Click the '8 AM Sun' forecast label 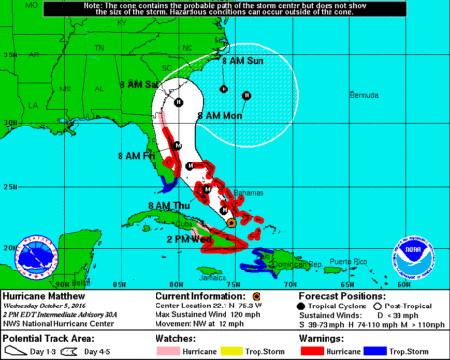tap(242, 61)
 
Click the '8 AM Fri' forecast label tap(135, 155)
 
